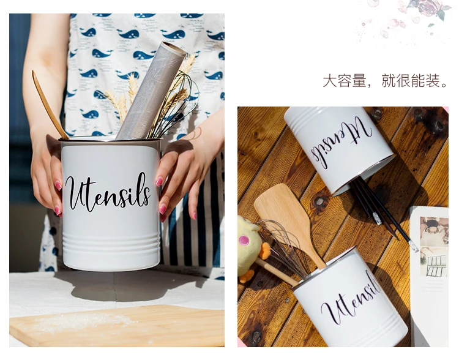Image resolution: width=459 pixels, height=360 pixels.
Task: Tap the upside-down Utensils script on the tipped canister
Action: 340,143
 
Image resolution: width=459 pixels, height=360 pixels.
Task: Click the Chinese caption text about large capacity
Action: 385,81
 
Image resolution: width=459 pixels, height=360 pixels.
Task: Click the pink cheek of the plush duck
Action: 244,240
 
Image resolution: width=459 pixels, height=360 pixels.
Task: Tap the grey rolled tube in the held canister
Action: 151,91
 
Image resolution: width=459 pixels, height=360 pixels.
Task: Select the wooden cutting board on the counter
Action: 117,325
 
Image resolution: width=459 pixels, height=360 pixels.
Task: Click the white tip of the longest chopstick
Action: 414,246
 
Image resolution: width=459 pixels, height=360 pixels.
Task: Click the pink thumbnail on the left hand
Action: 58,186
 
